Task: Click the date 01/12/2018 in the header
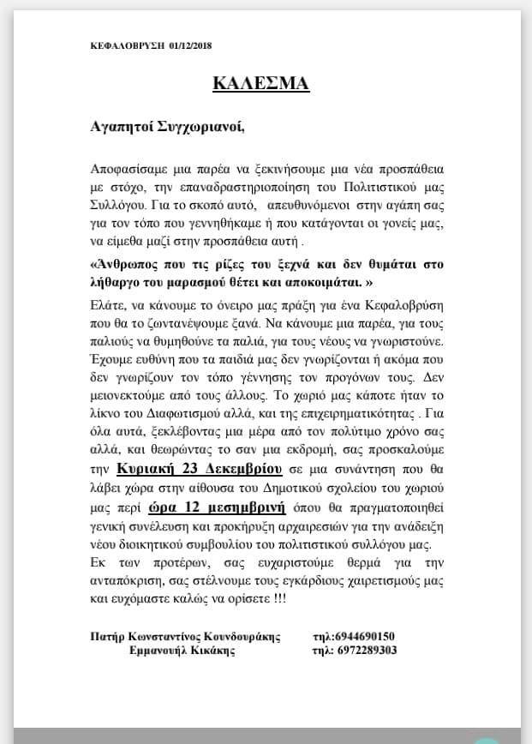(x=190, y=45)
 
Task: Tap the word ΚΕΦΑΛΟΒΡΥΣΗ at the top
(x=128, y=45)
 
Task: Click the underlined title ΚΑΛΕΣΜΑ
(x=260, y=83)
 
